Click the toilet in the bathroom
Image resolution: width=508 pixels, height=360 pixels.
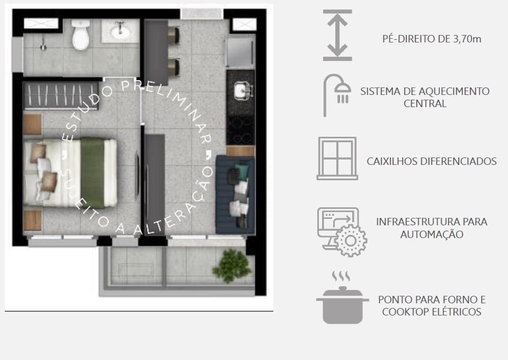coord(81,34)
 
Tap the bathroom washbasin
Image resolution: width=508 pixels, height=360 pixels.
coord(120,31)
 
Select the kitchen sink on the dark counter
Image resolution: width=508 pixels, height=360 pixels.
coord(243,90)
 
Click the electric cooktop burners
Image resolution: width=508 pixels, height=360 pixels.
coord(240,130)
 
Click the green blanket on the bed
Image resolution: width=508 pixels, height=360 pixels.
coord(92,172)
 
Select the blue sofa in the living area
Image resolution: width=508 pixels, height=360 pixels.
coord(235,195)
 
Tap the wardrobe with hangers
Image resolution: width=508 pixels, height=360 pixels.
coord(61,95)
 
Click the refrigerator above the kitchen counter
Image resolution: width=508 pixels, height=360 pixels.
coord(240,51)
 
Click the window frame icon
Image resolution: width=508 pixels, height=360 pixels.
coord(337,159)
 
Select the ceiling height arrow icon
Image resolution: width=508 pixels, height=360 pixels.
coord(337,36)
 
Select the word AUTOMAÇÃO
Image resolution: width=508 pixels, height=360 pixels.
coord(432,234)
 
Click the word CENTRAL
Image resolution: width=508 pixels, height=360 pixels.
coord(425,103)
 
